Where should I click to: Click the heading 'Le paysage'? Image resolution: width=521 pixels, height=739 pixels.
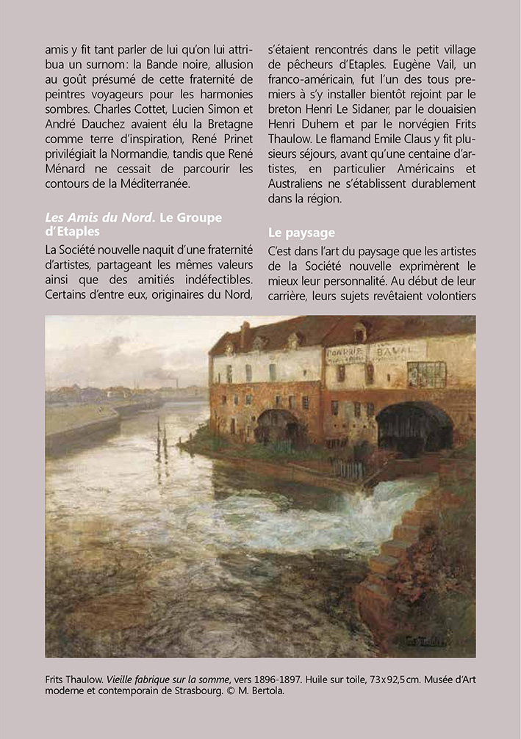(x=301, y=233)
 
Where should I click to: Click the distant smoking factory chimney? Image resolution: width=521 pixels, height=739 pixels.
(x=177, y=383)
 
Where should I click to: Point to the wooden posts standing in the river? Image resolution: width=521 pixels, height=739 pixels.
(x=161, y=439)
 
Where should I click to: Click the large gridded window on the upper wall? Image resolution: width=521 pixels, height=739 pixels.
(x=427, y=374)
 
